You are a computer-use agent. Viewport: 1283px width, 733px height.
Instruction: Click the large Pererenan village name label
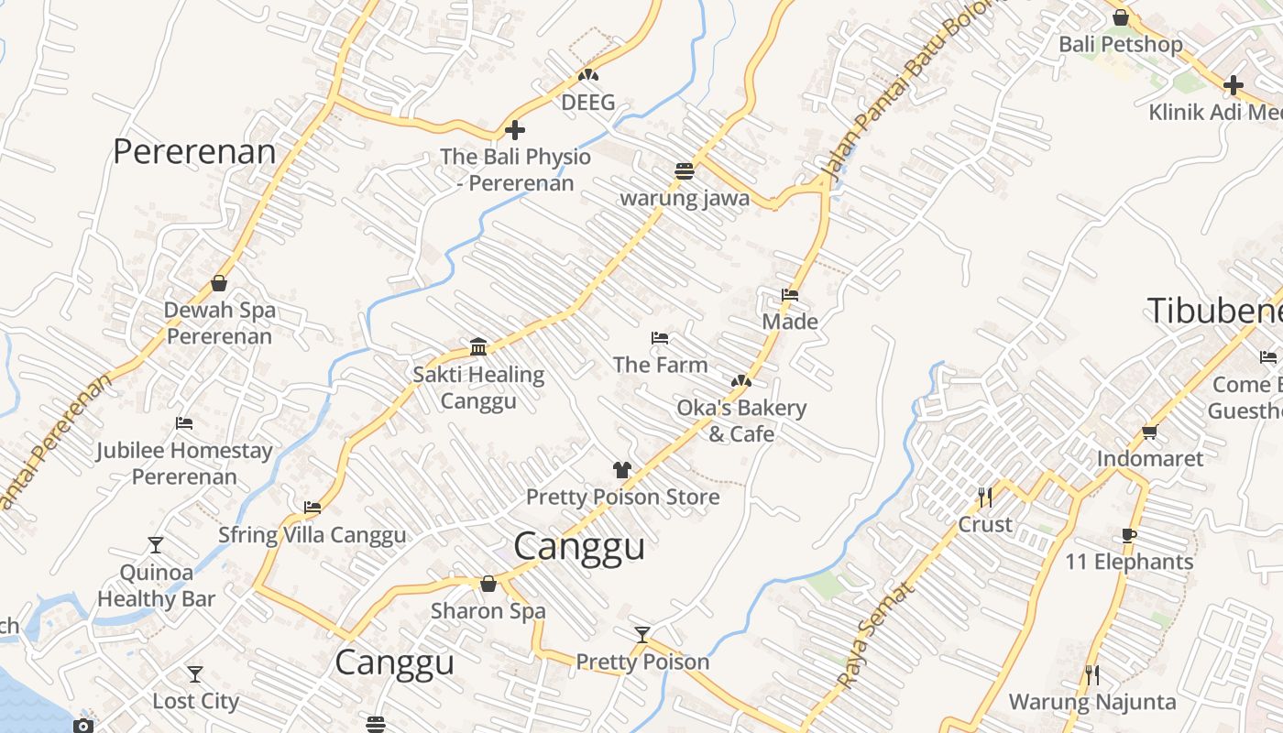coord(193,152)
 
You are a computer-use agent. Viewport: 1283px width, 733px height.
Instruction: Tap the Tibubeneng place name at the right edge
coord(1214,312)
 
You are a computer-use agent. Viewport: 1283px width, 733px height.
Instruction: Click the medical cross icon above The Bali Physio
coord(515,130)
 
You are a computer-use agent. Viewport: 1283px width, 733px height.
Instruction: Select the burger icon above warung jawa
coord(684,171)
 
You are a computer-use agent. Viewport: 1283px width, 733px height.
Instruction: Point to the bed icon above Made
coord(790,295)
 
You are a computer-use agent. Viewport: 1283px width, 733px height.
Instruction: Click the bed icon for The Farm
coord(659,338)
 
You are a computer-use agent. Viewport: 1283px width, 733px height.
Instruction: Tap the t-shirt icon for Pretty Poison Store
coord(622,470)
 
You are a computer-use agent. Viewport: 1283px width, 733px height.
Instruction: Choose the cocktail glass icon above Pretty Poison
coord(642,635)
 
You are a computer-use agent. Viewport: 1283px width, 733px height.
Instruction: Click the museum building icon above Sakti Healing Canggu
coord(477,346)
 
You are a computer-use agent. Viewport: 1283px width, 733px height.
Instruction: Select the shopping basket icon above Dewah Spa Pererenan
coord(219,283)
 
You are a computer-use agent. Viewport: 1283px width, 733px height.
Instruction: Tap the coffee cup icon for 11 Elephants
coord(1129,535)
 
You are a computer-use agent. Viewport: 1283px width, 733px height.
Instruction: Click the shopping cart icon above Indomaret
coord(1149,432)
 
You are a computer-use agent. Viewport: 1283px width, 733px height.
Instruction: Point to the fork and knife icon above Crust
coord(985,498)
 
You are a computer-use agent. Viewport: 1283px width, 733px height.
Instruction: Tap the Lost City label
coord(195,701)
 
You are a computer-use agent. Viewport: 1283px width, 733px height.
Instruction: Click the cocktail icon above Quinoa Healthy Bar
coord(156,545)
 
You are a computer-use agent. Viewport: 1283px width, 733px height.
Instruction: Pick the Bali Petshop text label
coord(1120,44)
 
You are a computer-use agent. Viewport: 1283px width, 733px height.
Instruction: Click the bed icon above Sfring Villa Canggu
coord(313,508)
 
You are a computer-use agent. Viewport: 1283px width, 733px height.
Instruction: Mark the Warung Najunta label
coord(1091,702)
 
